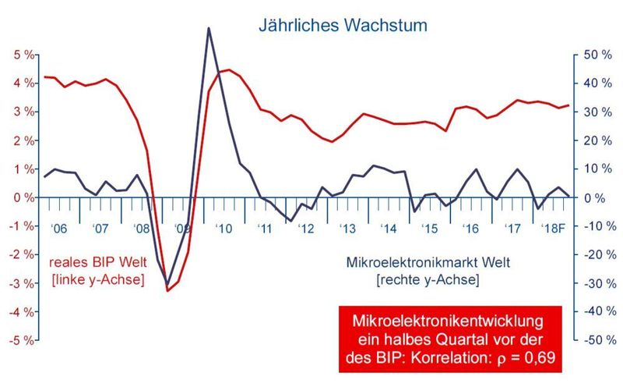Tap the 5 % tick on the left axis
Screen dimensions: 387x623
tap(21, 55)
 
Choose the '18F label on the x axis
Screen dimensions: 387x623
tap(553, 229)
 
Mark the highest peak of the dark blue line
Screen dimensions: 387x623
tap(209, 28)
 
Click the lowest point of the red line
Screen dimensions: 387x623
tap(167, 291)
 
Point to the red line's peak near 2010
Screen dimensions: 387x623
tap(227, 69)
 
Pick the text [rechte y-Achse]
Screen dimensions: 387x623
tap(428, 279)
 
